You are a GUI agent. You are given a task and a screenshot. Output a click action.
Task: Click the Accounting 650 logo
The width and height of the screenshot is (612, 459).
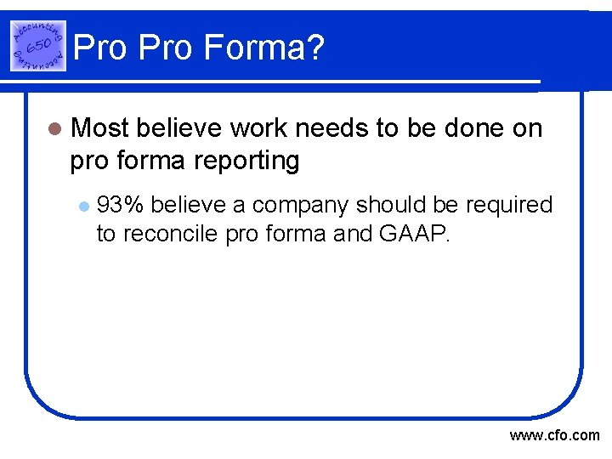(x=38, y=45)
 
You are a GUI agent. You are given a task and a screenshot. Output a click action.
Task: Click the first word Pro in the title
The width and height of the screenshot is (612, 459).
(x=100, y=48)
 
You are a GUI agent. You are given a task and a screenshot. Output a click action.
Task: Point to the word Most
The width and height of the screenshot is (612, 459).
(x=100, y=128)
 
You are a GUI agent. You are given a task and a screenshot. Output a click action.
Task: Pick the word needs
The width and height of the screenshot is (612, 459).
(x=337, y=128)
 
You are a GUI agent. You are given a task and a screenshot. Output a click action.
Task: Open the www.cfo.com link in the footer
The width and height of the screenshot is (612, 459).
(x=554, y=436)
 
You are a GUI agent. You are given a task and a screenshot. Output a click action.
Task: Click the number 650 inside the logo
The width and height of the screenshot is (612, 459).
(x=37, y=45)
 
